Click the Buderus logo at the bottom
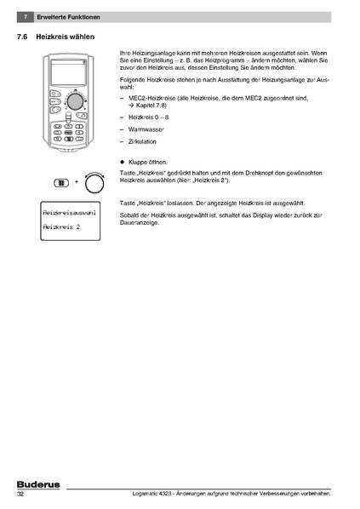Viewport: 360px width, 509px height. coord(36,483)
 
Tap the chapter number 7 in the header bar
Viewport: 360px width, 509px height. coord(26,18)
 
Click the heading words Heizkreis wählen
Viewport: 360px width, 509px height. coord(66,37)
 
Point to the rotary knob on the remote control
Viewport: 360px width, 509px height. coord(75,101)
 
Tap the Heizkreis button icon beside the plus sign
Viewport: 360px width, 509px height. coord(60,182)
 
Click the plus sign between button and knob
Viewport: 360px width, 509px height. coord(75,182)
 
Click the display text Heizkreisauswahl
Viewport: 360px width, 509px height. coord(68,211)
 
